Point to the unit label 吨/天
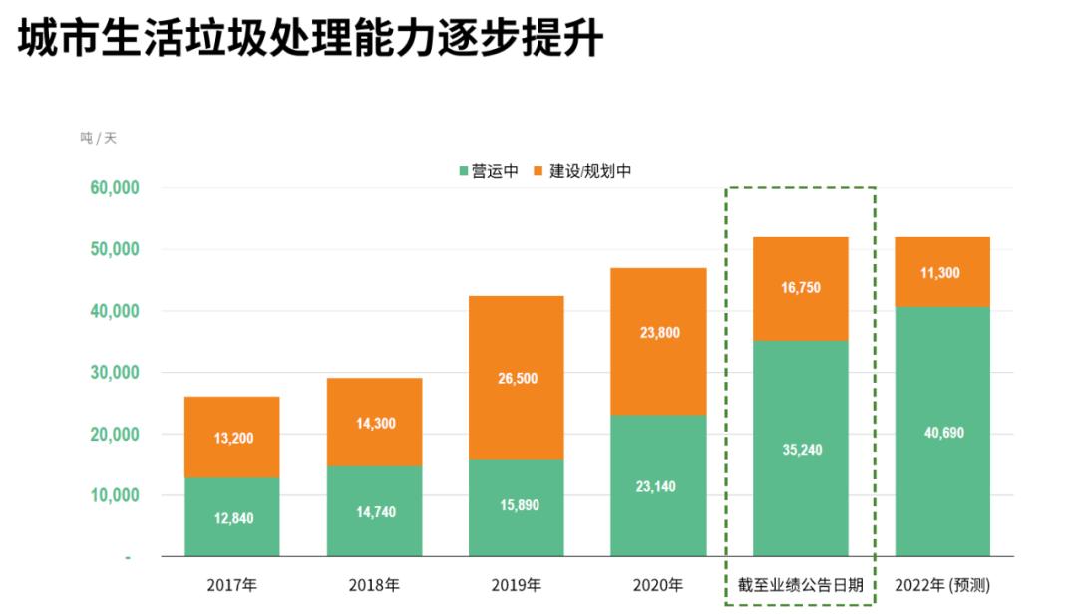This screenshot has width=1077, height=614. tap(98, 138)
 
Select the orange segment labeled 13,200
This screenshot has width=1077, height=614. tap(231, 437)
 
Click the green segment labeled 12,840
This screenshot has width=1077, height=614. tap(231, 517)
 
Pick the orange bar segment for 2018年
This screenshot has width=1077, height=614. tap(374, 422)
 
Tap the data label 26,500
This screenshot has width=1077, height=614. tap(516, 378)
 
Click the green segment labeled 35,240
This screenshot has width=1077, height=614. tap(801, 449)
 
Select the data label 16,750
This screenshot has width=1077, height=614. tap(801, 288)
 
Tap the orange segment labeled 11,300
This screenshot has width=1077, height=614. tap(942, 271)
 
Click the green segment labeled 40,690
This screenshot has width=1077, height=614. tap(942, 432)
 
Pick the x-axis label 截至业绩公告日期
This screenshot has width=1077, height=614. tap(801, 585)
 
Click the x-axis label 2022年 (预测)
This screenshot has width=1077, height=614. tap(942, 585)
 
